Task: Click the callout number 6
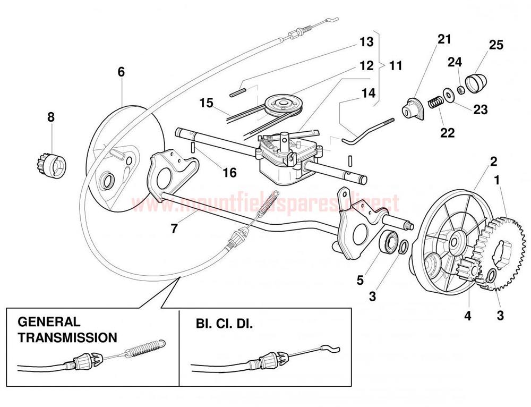[121, 72]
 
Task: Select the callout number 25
[496, 46]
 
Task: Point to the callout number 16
[229, 173]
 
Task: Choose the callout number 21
[444, 39]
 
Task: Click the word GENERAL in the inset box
[49, 322]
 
